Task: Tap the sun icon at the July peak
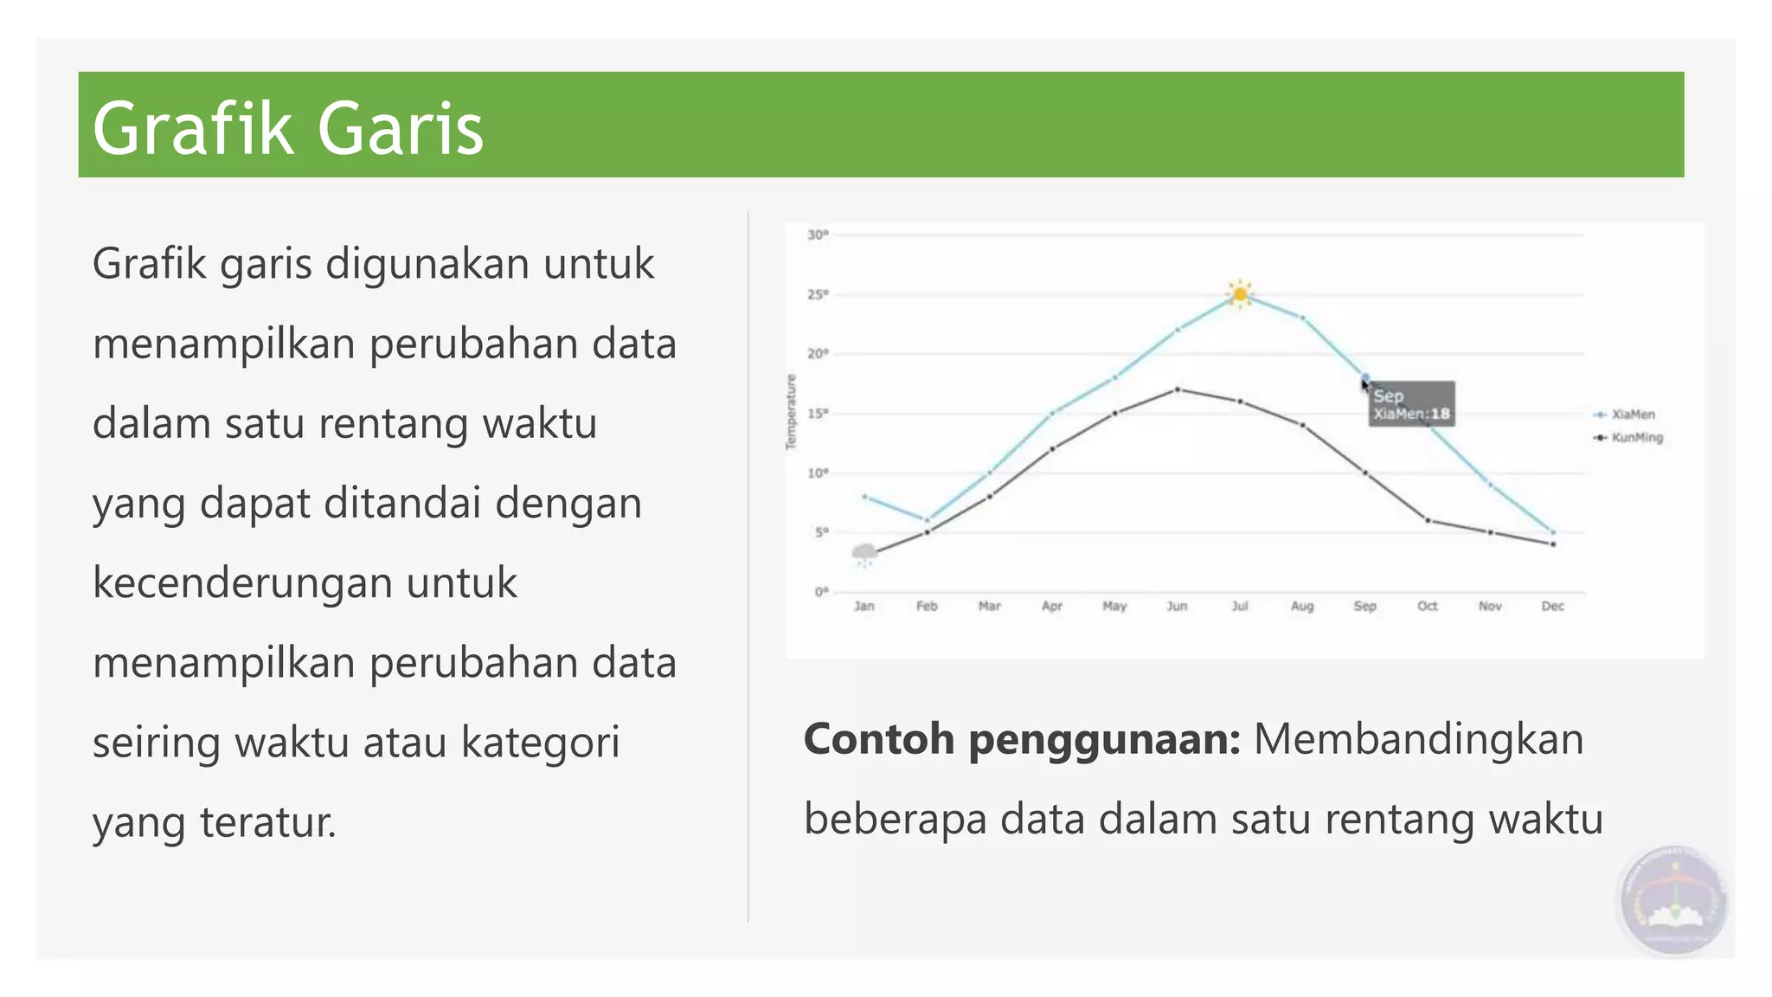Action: tap(1240, 294)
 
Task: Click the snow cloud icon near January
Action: tap(864, 554)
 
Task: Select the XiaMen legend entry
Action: tap(1632, 415)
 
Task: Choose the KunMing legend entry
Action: tap(1635, 438)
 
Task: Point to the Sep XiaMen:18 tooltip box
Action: tap(1411, 404)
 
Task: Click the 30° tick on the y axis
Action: tap(818, 235)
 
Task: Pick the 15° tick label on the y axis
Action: tap(818, 414)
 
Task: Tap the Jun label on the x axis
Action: tap(1177, 606)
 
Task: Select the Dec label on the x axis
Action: tap(1552, 606)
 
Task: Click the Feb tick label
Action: tap(927, 606)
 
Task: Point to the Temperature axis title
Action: tap(791, 412)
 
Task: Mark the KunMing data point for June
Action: tap(1178, 389)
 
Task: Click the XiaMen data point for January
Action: tap(864, 497)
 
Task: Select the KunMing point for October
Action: tap(1428, 520)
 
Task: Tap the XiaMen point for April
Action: tap(1052, 414)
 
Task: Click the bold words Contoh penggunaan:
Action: tap(1022, 739)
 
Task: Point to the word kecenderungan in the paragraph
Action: tap(305, 582)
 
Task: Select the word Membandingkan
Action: tap(1418, 739)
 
